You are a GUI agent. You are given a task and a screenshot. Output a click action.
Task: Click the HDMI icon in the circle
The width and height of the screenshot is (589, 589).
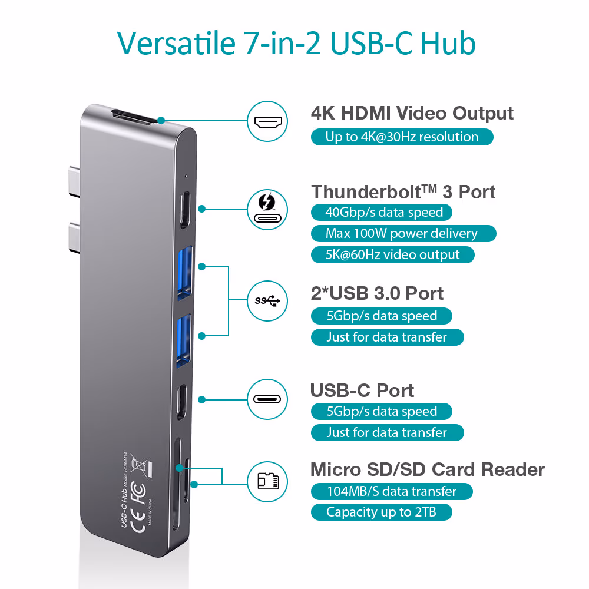[x=267, y=121]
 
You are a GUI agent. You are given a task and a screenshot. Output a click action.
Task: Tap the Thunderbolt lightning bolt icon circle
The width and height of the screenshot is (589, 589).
[x=267, y=210]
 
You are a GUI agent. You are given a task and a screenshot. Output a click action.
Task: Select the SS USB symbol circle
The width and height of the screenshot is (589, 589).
[x=267, y=301]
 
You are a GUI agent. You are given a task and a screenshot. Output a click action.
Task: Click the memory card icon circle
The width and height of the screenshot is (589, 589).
[x=267, y=482]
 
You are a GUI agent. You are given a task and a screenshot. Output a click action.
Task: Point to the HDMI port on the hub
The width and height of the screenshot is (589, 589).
[x=134, y=117]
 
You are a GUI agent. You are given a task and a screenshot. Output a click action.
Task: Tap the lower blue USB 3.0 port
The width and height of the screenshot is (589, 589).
[x=184, y=340]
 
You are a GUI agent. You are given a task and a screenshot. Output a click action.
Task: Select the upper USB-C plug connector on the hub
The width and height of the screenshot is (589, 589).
[x=74, y=181]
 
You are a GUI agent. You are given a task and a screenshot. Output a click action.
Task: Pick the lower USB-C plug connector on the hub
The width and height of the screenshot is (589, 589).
[x=74, y=238]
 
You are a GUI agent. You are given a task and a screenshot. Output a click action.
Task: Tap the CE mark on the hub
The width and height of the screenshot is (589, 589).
[x=138, y=521]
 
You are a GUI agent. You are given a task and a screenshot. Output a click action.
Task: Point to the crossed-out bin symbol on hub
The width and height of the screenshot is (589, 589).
[x=141, y=466]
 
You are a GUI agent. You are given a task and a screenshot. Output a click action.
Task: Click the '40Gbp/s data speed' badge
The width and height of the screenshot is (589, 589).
[x=381, y=212]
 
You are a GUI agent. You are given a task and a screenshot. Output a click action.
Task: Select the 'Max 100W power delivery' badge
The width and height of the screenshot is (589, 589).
[x=403, y=233]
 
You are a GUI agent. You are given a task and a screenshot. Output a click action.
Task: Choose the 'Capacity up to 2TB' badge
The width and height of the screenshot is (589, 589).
[x=381, y=512]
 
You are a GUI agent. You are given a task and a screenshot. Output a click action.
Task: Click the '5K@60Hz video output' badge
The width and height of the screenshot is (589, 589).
[x=392, y=254]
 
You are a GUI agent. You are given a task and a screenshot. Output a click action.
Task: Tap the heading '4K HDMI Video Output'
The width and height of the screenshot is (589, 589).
[x=412, y=113]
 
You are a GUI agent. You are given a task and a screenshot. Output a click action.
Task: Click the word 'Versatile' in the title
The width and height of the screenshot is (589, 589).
[x=177, y=43]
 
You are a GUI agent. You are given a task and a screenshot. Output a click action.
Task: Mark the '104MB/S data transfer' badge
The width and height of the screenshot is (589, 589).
[x=392, y=491]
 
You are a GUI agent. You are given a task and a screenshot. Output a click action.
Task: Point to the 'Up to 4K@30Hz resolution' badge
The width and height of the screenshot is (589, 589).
[x=402, y=137]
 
